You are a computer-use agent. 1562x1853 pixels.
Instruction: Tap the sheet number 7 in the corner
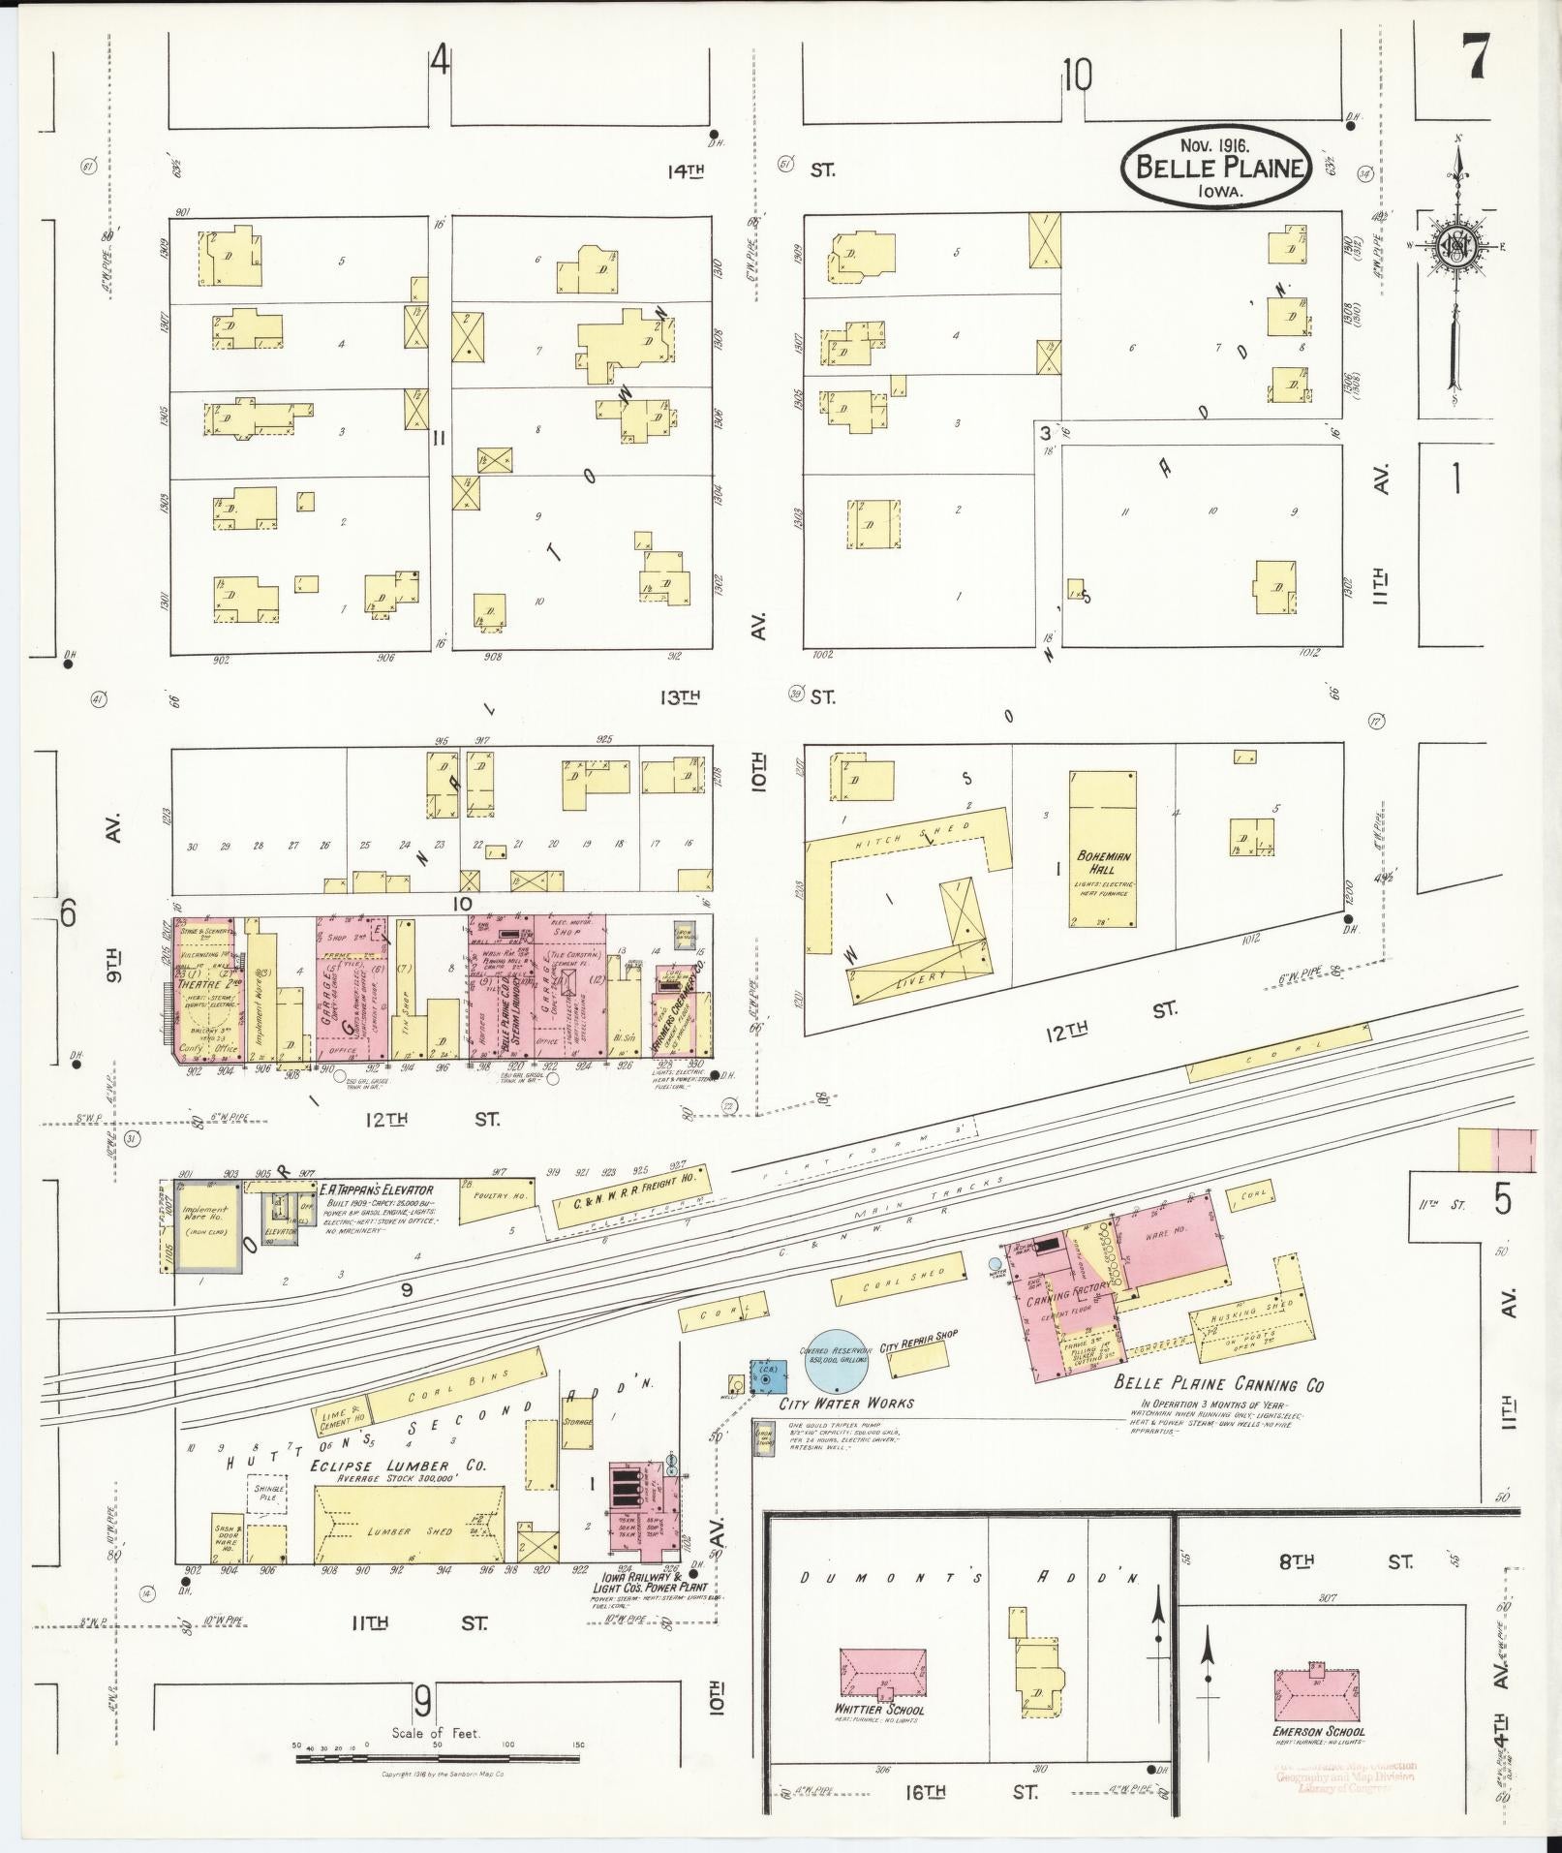[1476, 58]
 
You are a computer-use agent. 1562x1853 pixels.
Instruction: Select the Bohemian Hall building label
[1104, 863]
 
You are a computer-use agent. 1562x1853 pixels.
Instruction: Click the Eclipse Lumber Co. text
[398, 1467]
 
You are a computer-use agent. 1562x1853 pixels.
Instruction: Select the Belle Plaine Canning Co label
[1218, 1384]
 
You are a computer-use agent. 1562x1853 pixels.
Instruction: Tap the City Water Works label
[846, 1403]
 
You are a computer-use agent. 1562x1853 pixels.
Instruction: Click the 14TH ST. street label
[685, 171]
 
